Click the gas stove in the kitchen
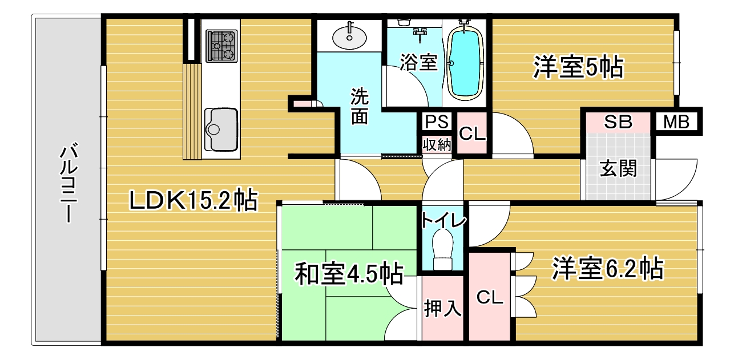pyautogui.click(x=221, y=46)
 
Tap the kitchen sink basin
pyautogui.click(x=221, y=130)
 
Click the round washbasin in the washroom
pyautogui.click(x=349, y=38)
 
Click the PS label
pyautogui.click(x=437, y=122)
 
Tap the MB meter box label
pyautogui.click(x=676, y=122)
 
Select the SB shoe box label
pyautogui.click(x=618, y=122)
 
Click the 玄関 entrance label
pyautogui.click(x=618, y=169)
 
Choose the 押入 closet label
pyautogui.click(x=442, y=308)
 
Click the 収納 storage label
pyautogui.click(x=437, y=144)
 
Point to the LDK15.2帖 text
pyautogui.click(x=193, y=200)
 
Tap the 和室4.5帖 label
pyautogui.click(x=349, y=274)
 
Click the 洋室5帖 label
pyautogui.click(x=579, y=67)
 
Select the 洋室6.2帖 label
pyautogui.click(x=608, y=269)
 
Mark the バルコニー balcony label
pyautogui.click(x=68, y=183)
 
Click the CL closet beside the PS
pyautogui.click(x=472, y=134)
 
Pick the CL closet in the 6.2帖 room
pyautogui.click(x=490, y=297)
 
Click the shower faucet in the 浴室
pyautogui.click(x=420, y=34)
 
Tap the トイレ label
pyautogui.click(x=443, y=220)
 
